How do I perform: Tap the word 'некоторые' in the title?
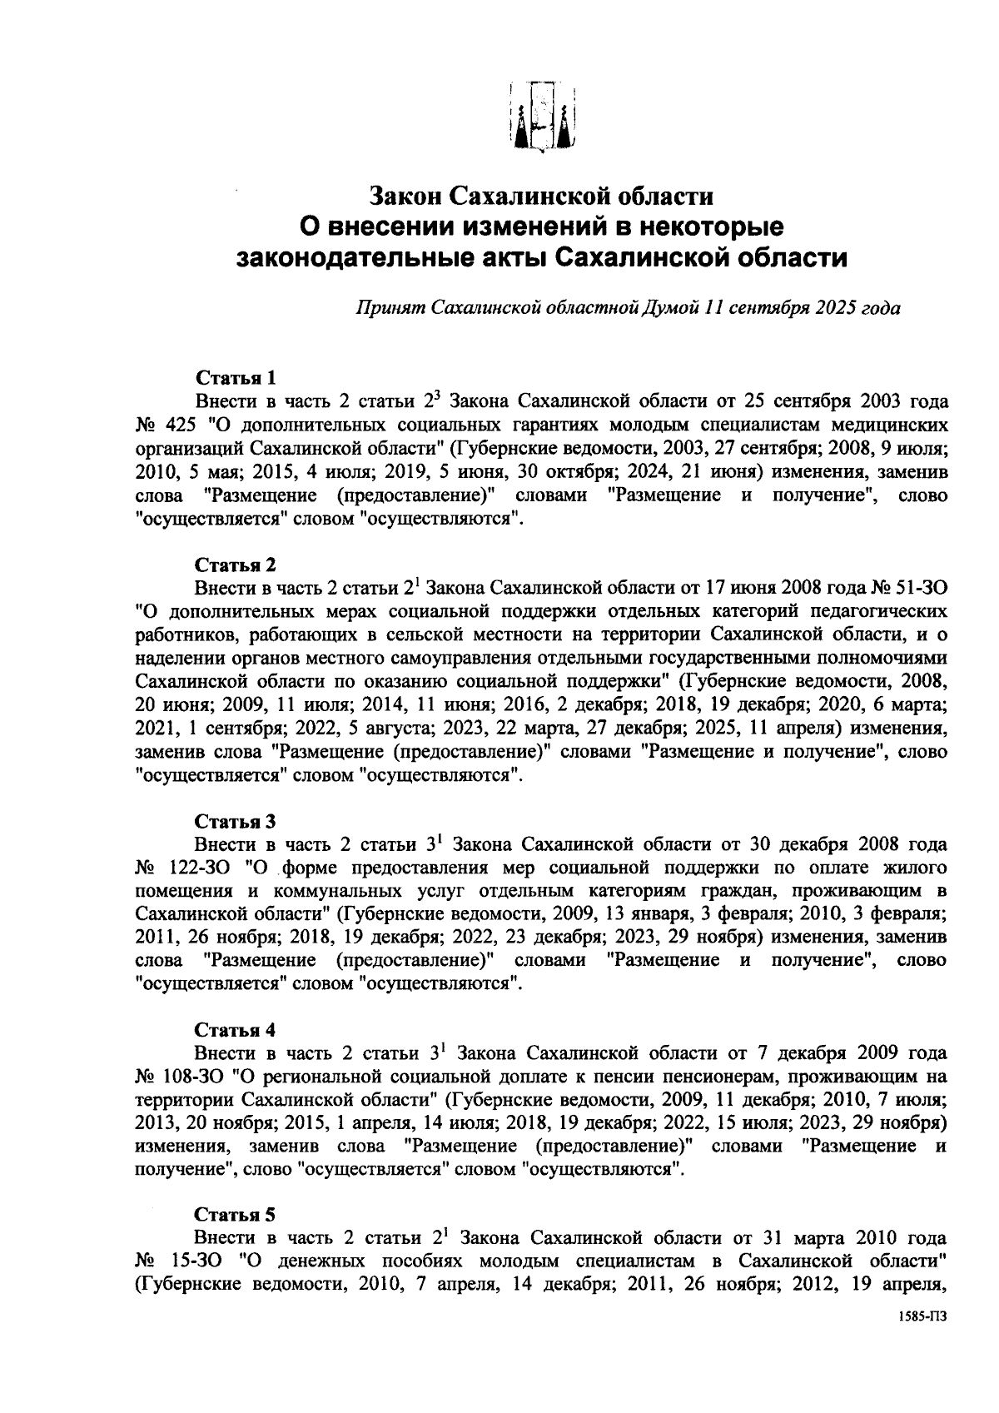point(710,226)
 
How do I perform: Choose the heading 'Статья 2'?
point(235,565)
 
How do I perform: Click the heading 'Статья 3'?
point(235,821)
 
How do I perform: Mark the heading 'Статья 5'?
point(235,1214)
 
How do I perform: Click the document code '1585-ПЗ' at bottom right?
point(922,1340)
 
